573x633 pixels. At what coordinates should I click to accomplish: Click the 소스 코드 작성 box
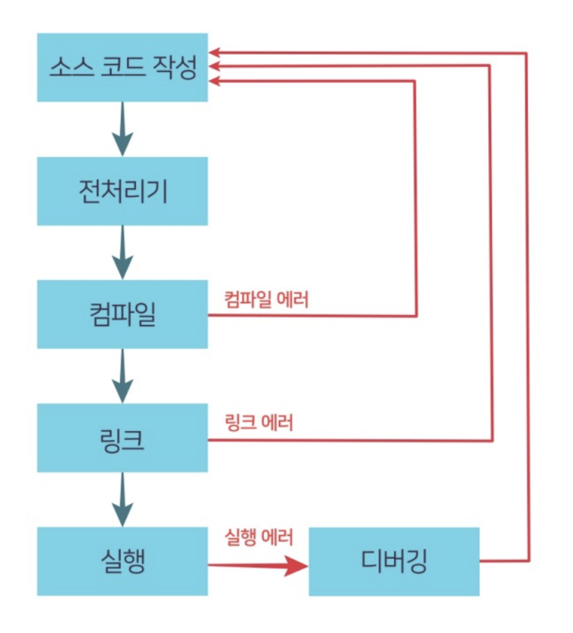click(x=123, y=68)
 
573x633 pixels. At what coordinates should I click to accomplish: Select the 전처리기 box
click(x=123, y=191)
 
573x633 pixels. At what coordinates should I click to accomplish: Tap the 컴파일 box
click(x=123, y=314)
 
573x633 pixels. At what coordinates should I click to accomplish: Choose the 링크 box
click(x=123, y=438)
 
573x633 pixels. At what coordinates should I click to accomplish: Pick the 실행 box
click(x=123, y=561)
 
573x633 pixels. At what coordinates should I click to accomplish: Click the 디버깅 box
click(x=394, y=561)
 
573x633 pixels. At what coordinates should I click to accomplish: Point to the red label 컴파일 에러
click(x=266, y=299)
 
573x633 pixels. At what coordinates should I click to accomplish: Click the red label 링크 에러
click(x=259, y=422)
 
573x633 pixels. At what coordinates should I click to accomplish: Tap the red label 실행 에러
click(x=259, y=537)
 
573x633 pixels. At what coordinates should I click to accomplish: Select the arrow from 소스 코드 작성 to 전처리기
click(x=123, y=129)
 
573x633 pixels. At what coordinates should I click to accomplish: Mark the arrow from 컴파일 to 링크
click(x=123, y=376)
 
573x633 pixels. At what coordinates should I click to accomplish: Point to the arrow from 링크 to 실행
click(x=123, y=499)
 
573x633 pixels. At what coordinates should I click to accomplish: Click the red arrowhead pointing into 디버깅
click(x=296, y=566)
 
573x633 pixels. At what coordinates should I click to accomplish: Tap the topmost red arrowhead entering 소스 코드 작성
click(x=214, y=52)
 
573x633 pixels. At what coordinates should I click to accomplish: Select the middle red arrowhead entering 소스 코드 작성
click(x=214, y=66)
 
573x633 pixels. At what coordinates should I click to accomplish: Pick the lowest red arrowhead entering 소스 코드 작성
click(x=214, y=81)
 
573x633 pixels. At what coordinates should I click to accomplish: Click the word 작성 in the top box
click(x=174, y=67)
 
